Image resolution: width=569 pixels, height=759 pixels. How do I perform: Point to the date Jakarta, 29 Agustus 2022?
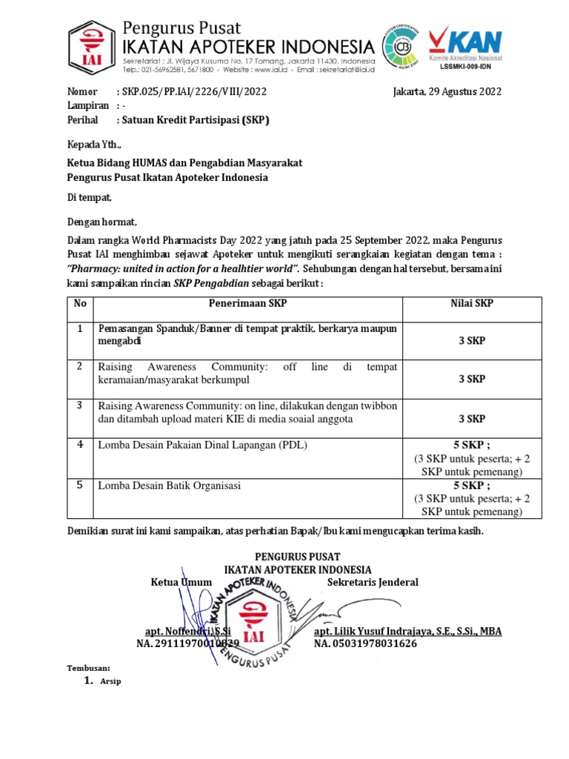click(x=447, y=92)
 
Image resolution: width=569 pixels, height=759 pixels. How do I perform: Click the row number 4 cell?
click(x=79, y=445)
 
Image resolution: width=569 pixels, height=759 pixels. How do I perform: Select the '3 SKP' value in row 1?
click(x=471, y=340)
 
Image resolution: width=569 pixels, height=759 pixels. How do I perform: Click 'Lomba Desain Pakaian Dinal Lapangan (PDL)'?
click(x=202, y=445)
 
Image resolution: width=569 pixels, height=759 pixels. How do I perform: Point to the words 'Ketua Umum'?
click(x=177, y=582)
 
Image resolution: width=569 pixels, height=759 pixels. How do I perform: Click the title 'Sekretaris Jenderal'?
click(x=373, y=582)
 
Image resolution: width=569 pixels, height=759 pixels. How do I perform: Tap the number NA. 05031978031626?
click(x=365, y=643)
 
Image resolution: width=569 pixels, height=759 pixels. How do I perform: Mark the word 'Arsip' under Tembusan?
click(x=110, y=681)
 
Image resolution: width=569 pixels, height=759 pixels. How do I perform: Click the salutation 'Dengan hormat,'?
click(x=102, y=221)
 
